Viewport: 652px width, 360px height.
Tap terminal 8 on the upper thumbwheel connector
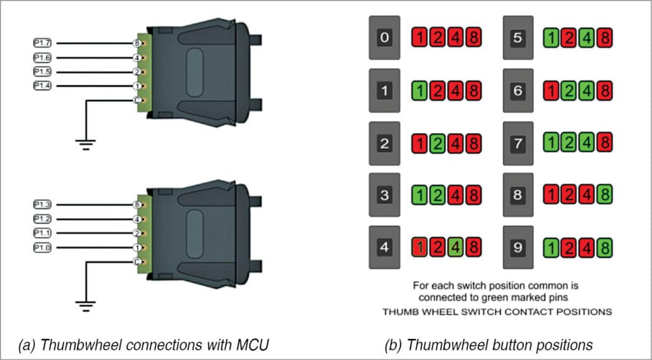coord(137,43)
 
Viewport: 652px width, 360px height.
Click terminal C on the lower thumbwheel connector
coord(137,261)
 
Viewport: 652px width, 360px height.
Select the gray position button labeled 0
coord(384,38)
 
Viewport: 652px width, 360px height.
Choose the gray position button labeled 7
coord(518,143)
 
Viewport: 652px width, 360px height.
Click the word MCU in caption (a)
coord(253,345)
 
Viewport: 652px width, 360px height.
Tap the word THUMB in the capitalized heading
coord(398,312)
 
